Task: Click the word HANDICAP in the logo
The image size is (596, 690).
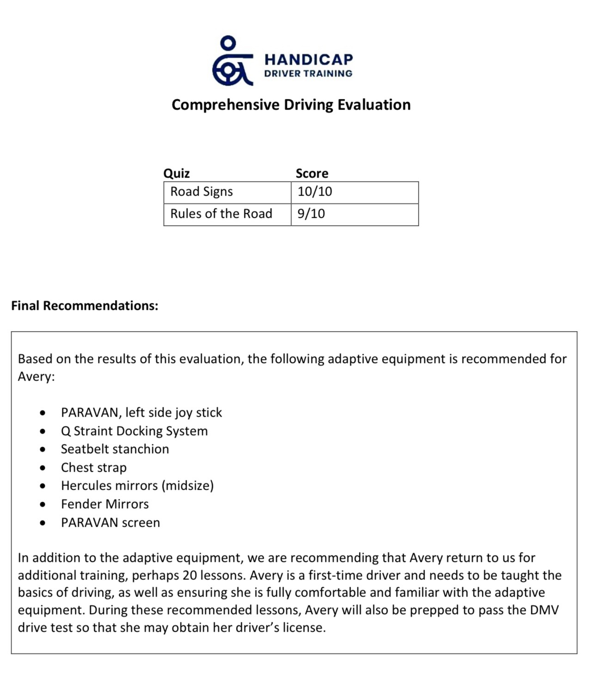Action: coord(308,60)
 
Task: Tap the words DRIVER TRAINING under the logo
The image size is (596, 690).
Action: coord(308,74)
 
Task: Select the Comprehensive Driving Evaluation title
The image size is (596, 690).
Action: coord(291,105)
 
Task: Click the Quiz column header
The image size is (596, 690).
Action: coord(176,173)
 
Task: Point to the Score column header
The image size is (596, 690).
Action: coord(312,173)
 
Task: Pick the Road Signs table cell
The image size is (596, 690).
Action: coord(201,191)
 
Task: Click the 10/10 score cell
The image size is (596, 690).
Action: coord(315,191)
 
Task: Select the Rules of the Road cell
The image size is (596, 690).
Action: coord(221,214)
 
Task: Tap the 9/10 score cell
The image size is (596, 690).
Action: coord(311,214)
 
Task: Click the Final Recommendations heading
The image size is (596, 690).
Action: coord(85,306)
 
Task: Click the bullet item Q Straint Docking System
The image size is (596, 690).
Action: coord(134,431)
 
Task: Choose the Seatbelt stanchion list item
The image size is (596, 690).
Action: coord(115,449)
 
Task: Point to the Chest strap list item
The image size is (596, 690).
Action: coord(93,468)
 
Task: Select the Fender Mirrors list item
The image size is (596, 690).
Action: coord(104,504)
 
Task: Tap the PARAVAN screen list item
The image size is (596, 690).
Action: coord(110,523)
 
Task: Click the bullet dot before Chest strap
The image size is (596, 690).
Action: coord(43,468)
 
